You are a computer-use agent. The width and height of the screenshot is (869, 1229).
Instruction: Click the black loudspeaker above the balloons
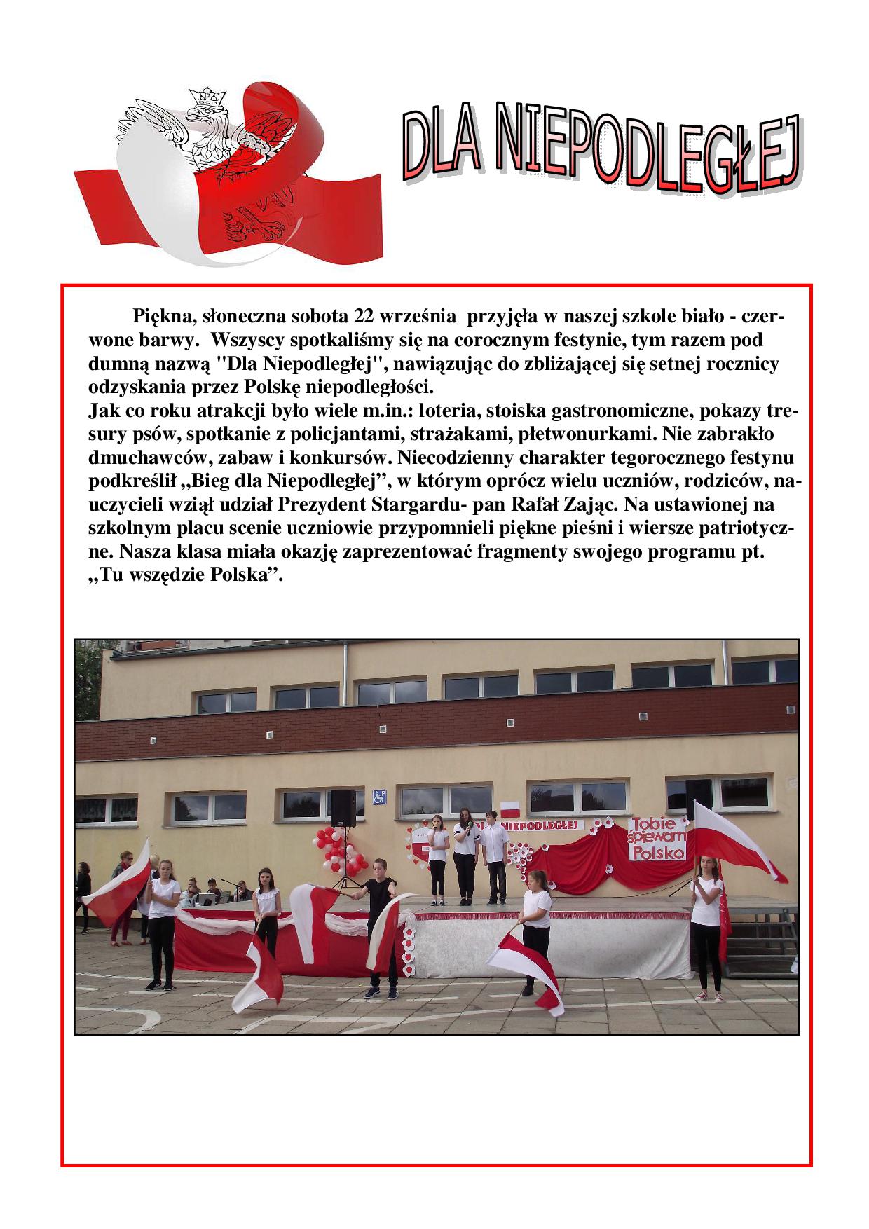tap(342, 805)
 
